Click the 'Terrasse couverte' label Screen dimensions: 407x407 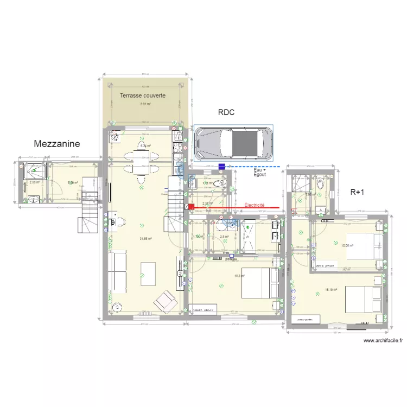[x=143, y=96]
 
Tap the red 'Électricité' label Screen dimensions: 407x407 [x=254, y=205]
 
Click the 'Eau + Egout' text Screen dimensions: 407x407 [x=260, y=173]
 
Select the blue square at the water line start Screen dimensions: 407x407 [x=221, y=166]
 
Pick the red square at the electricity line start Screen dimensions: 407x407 [x=191, y=207]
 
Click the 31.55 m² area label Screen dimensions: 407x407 [x=145, y=238]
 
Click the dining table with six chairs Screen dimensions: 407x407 [x=142, y=161]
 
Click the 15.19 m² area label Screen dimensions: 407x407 [x=331, y=290]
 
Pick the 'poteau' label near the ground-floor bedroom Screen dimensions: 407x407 [x=231, y=259]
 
